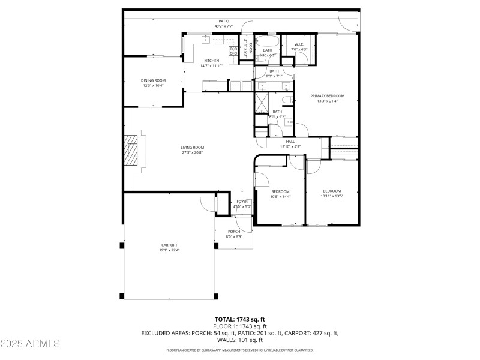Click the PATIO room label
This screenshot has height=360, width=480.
coord(223,22)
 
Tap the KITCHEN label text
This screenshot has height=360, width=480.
coord(211,61)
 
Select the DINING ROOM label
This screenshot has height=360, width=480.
coord(153,80)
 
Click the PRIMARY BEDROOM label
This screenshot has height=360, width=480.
coord(327,96)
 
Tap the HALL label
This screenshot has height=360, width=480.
coord(290,142)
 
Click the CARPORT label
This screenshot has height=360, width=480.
coord(169,245)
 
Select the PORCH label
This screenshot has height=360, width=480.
coord(233,232)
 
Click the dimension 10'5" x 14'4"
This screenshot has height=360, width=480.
coord(280,197)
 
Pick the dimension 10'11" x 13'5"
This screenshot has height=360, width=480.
coord(331,196)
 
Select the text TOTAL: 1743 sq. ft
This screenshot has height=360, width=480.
coord(239,319)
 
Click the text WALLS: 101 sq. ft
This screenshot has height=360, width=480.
coord(239,340)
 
